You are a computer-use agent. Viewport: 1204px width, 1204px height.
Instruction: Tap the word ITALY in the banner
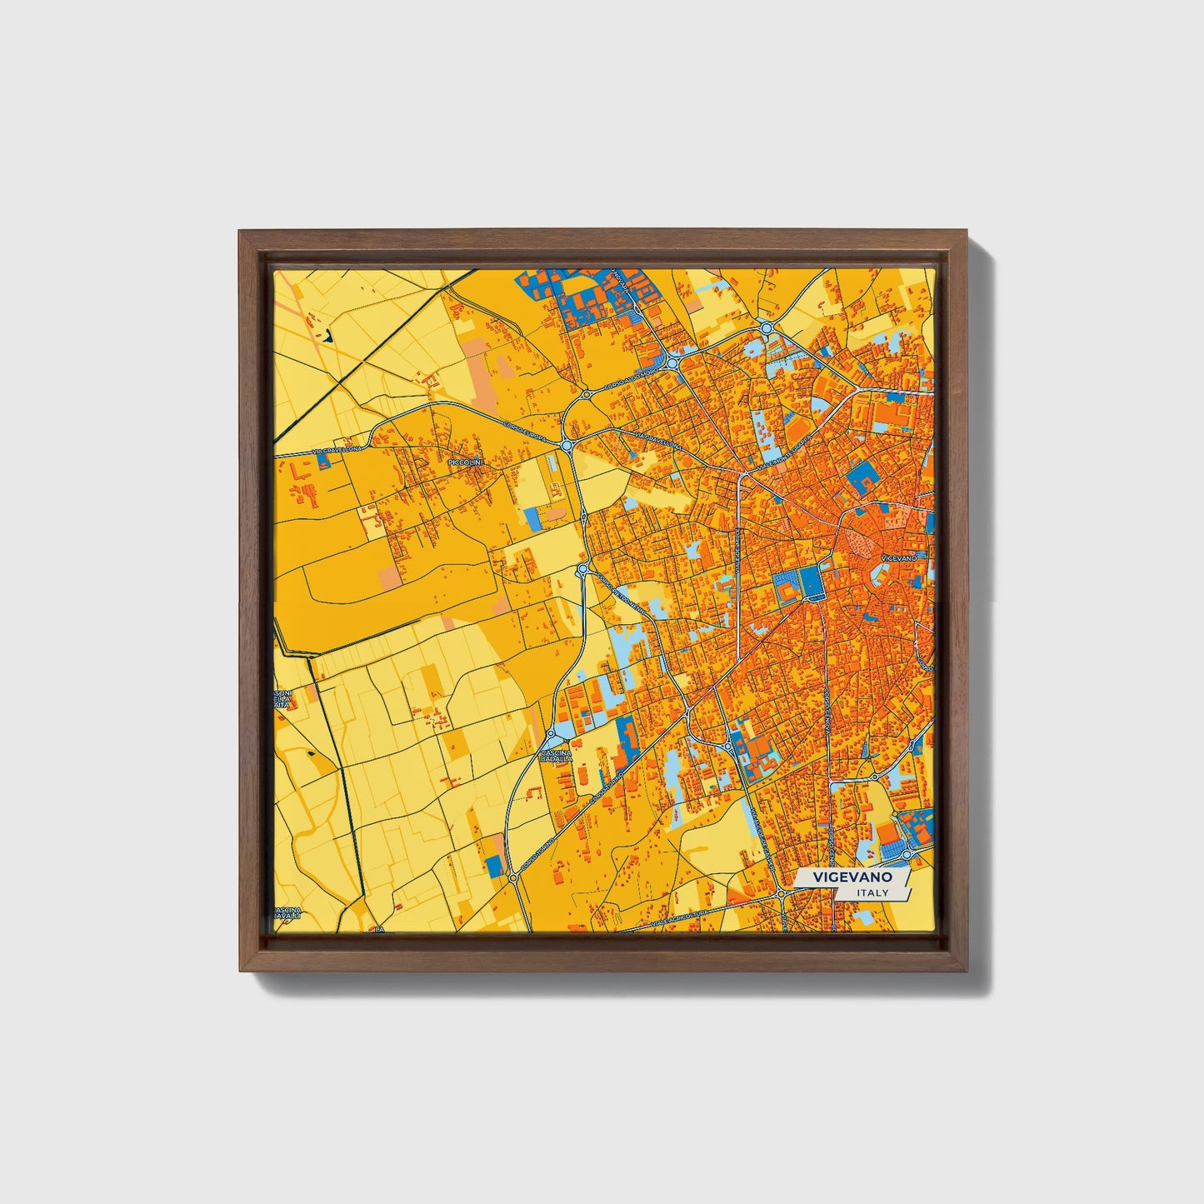coord(872,892)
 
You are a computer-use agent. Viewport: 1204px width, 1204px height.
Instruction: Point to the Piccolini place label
coord(466,461)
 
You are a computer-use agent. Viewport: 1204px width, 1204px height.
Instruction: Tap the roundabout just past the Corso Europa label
coord(567,446)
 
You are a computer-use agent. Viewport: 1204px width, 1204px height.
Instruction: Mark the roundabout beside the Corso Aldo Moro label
coord(671,363)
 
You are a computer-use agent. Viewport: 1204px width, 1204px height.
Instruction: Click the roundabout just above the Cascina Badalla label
coord(551,734)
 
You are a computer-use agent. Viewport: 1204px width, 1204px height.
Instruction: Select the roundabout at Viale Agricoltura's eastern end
coord(782,894)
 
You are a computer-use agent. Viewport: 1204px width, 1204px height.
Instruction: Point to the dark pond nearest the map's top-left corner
coord(327,337)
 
